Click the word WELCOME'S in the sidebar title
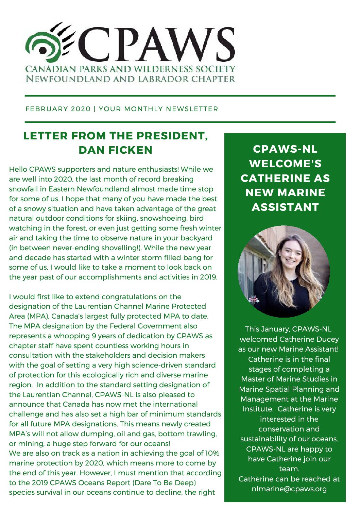point(285,164)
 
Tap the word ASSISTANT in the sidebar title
point(285,207)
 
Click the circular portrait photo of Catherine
point(284,271)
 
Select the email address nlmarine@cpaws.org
point(289,489)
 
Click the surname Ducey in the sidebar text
point(327,339)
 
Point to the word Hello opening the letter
point(18,169)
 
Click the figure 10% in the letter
point(212,453)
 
